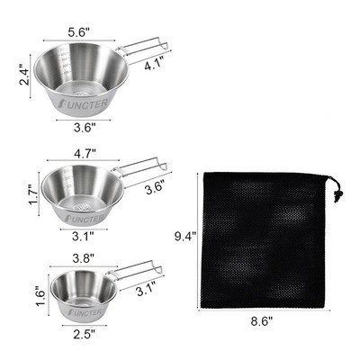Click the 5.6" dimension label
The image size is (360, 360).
coord(79,31)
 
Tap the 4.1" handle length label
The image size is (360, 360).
coord(154,65)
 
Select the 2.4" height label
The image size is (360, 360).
coord(24,74)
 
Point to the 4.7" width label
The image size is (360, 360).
coord(85,152)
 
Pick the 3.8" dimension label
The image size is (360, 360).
coord(84,258)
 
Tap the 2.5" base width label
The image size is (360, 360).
coord(85,334)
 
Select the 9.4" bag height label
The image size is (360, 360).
coord(185,237)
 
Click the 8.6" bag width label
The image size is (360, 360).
coord(262,321)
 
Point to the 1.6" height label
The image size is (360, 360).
coord(40,295)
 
